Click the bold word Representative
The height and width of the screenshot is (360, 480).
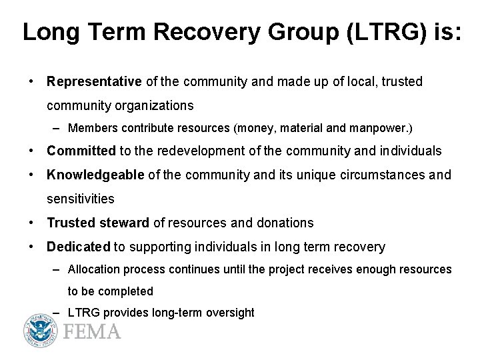click(x=94, y=81)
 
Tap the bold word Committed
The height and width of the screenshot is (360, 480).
click(x=81, y=151)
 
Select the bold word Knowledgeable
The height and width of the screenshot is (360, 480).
click(x=95, y=175)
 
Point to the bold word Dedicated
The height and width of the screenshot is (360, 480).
click(x=78, y=247)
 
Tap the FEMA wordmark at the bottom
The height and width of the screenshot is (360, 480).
click(x=92, y=331)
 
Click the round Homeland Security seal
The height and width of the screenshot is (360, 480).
click(x=42, y=330)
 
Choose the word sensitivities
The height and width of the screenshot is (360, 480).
click(x=81, y=199)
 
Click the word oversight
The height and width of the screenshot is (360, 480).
click(x=231, y=313)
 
